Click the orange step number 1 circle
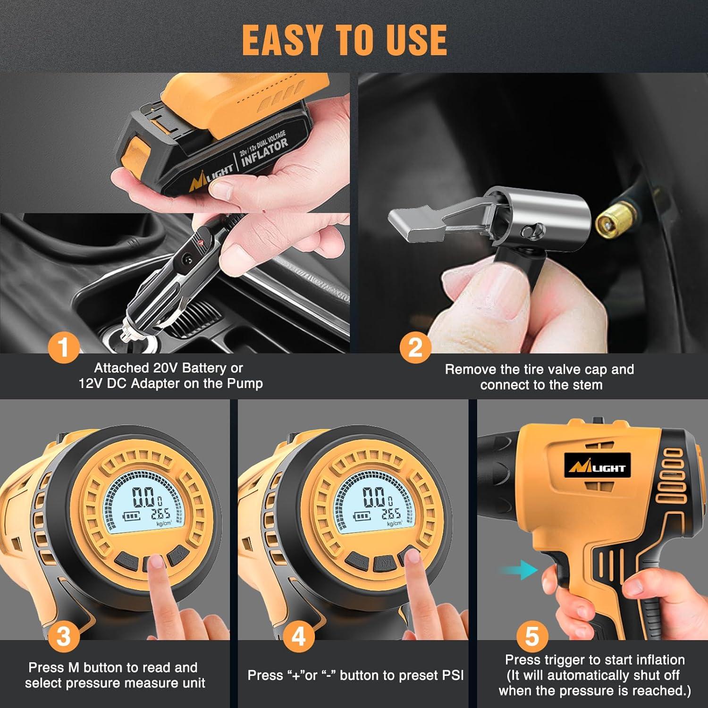click(64, 348)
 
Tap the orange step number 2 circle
click(415, 348)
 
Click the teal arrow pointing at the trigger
click(519, 570)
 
